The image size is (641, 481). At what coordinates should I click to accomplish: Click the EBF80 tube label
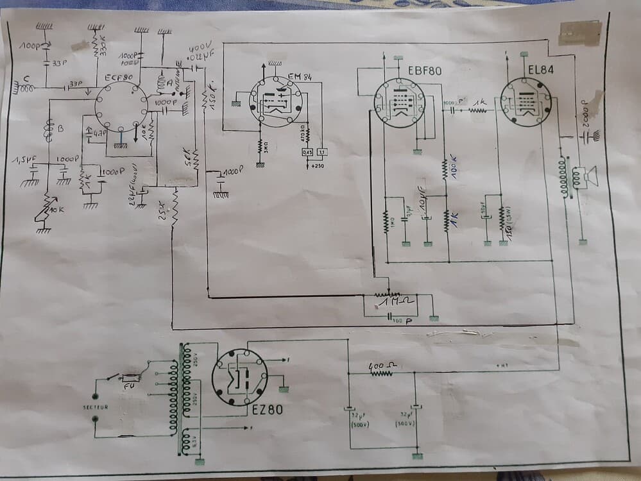click(423, 67)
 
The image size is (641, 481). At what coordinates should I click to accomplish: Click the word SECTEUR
click(95, 407)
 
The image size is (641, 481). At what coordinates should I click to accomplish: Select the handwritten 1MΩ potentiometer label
click(396, 301)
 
